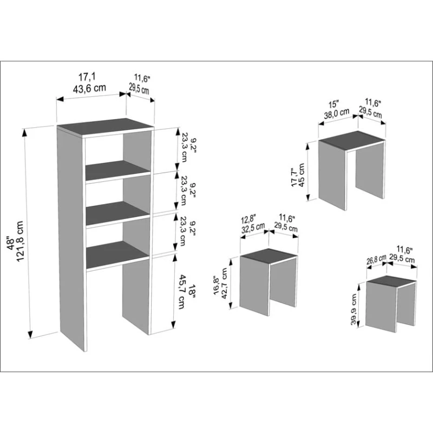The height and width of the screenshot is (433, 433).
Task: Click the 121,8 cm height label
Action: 21,241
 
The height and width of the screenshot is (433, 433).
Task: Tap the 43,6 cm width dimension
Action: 89,88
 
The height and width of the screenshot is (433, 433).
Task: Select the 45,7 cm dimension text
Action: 182,291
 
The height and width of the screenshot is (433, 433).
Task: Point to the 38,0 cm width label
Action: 337,114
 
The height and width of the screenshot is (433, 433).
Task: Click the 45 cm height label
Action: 301,175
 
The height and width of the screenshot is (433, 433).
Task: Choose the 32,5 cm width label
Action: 253,228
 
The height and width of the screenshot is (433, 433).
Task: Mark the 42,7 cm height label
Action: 224,283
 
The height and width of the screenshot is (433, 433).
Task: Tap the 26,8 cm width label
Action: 376,260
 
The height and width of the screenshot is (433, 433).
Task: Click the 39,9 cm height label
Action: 354,309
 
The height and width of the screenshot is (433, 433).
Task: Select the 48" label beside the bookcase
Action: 11,243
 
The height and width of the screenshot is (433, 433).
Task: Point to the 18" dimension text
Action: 192,292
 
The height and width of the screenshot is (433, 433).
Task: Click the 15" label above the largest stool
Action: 333,104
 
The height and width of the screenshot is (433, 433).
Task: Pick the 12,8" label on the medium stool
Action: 248,220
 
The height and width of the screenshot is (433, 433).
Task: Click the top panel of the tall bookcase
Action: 105,127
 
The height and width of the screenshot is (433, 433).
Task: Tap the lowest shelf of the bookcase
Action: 118,254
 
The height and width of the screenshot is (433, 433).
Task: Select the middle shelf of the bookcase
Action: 119,213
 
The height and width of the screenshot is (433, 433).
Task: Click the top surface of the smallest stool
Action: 391,282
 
